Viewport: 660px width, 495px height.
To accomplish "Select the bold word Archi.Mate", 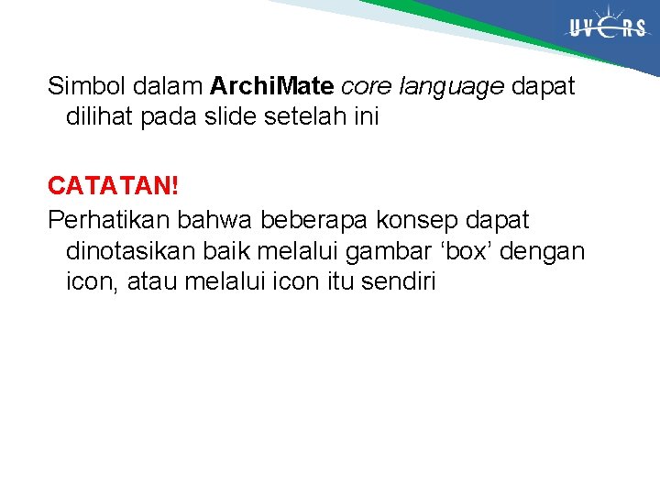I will [272, 87].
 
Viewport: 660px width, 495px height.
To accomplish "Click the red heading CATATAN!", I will [113, 186].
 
